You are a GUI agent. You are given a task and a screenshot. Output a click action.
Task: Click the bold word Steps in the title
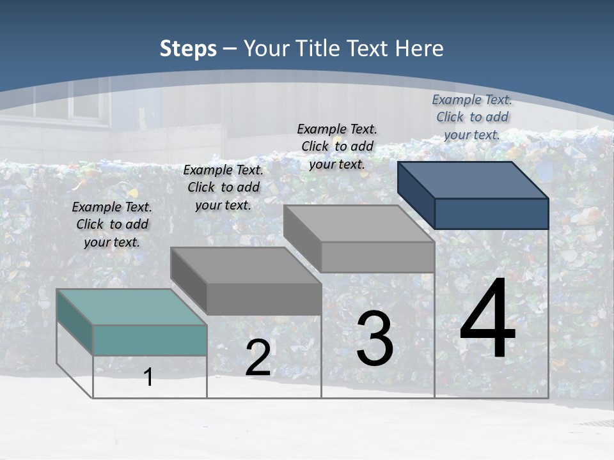pos(188,49)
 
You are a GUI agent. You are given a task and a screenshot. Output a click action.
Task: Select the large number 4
pos(487,319)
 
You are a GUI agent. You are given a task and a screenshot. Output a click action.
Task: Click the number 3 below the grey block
pos(375,339)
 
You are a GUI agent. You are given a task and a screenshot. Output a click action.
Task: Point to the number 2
pos(258,358)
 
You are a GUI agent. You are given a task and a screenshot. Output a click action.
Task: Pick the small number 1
pos(148,378)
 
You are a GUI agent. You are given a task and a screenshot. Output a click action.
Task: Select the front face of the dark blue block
pos(491,213)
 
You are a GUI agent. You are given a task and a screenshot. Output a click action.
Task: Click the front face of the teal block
pos(150,340)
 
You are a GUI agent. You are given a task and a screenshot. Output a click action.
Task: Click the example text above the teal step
pos(112,224)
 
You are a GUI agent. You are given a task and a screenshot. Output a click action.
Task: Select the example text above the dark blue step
pos(472,117)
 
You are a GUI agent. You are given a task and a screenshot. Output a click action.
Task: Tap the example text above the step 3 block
pos(337,146)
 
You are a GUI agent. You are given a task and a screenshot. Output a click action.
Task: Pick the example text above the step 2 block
pos(223,187)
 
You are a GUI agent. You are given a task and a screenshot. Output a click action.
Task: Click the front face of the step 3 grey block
pos(377,257)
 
